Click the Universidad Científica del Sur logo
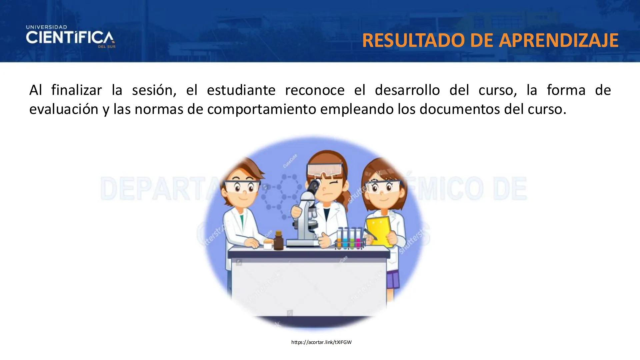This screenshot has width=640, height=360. (70, 37)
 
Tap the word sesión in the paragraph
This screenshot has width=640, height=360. (154, 90)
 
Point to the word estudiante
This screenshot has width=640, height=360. (241, 90)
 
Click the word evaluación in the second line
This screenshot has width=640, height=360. (64, 109)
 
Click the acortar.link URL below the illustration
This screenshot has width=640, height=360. (321, 342)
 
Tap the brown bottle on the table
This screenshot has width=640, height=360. (278, 240)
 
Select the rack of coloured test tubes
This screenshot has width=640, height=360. (350, 238)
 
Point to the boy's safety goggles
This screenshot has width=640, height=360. (242, 186)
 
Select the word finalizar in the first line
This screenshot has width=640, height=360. (76, 90)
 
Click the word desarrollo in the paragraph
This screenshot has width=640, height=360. (407, 90)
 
